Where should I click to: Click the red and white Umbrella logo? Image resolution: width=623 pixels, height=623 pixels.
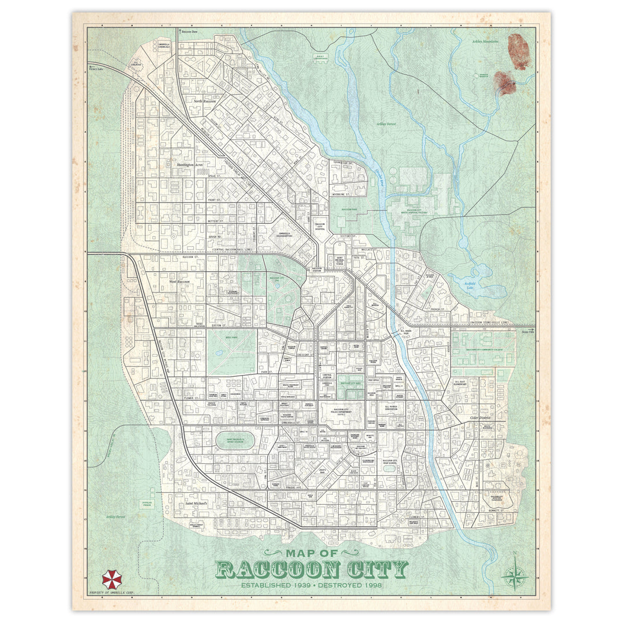coord(112,579)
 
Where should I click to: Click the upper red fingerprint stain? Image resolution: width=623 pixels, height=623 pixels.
coord(519,51)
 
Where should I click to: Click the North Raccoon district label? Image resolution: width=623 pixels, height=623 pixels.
coord(205,101)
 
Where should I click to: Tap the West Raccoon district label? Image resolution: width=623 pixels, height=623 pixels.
coord(179,282)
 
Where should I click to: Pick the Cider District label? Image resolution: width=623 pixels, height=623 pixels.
coord(481,417)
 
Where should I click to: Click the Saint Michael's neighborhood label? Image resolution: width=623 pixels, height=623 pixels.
coord(196,503)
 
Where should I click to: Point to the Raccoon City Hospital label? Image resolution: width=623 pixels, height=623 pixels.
coord(320,227)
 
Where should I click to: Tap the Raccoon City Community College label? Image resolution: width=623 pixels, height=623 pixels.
coord(485,350)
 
